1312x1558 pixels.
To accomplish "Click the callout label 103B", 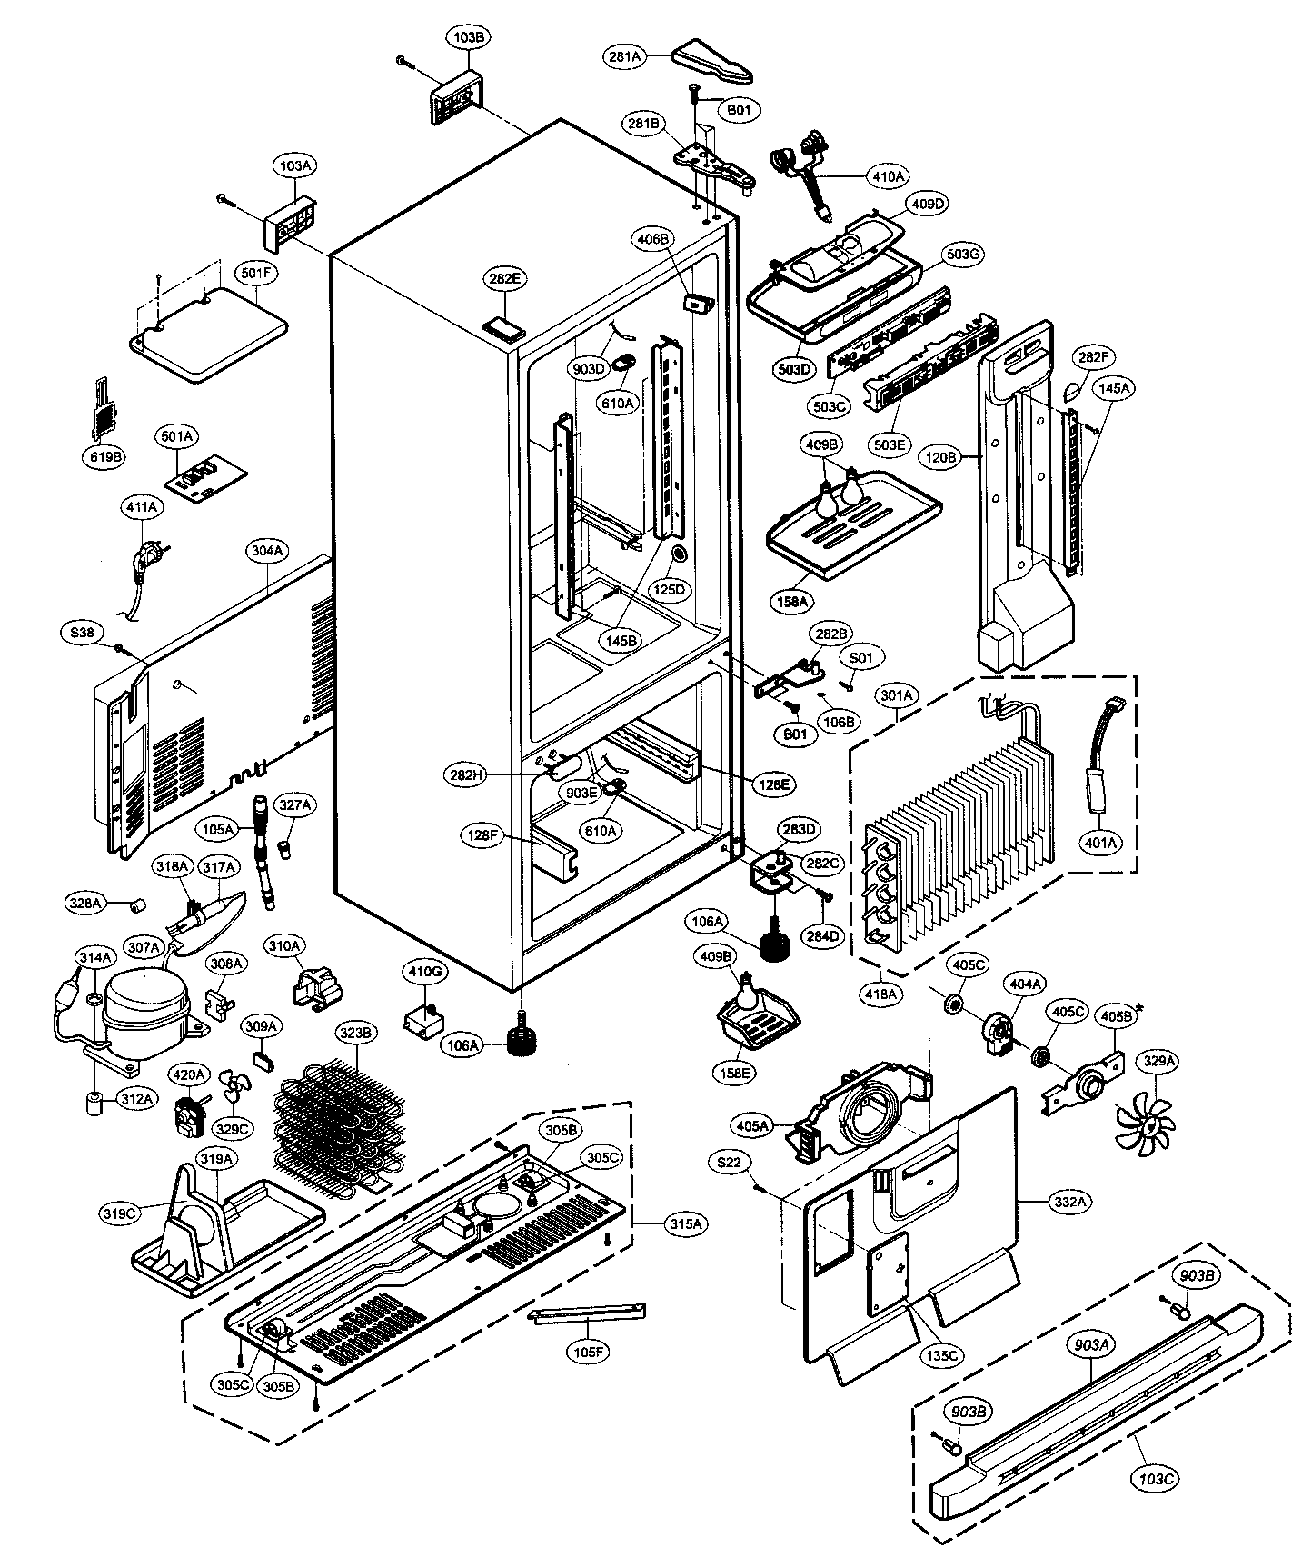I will tap(470, 38).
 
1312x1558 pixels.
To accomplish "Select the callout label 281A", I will tap(625, 56).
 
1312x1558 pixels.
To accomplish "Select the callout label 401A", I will tap(1099, 843).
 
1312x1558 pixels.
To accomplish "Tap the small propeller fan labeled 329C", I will tap(234, 1088).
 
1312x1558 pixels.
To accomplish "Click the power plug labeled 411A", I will tap(144, 558).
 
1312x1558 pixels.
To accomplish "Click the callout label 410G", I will tap(424, 972).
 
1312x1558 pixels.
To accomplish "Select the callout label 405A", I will tap(753, 1126).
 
